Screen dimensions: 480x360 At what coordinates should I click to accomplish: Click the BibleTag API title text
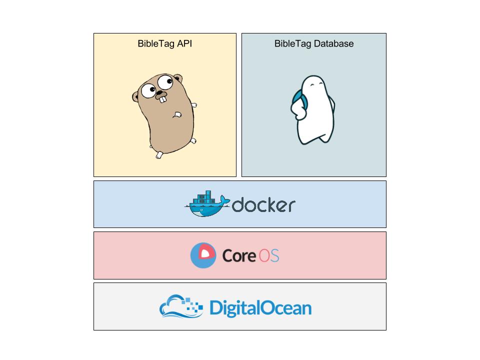coord(164,43)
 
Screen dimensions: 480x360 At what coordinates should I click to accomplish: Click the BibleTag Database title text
coord(313,43)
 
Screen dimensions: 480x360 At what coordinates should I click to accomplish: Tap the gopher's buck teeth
coord(162,98)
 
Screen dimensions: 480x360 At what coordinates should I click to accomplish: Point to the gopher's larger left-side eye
coord(148,90)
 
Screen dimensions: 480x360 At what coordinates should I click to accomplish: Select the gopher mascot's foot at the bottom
coord(159,154)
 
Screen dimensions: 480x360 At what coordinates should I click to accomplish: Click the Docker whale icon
coord(205,205)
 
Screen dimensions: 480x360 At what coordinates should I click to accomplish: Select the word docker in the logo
coord(263,205)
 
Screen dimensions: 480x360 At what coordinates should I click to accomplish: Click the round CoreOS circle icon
coord(203,255)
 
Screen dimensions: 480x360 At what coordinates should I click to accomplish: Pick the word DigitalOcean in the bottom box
coord(260,307)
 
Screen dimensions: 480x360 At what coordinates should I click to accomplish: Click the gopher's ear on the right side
coord(178,79)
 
